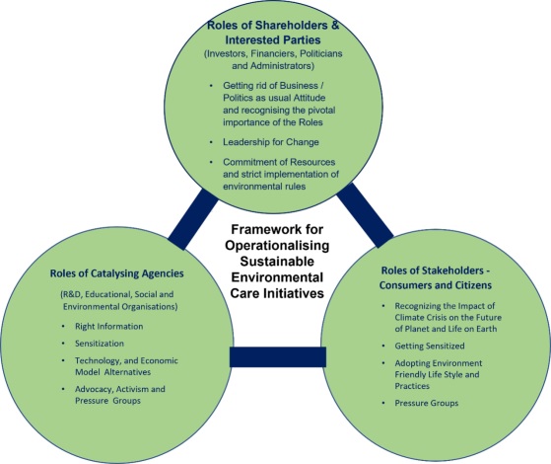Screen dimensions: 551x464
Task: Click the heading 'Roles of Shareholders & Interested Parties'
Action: tap(273, 33)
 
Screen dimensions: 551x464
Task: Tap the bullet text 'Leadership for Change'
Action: tap(271, 142)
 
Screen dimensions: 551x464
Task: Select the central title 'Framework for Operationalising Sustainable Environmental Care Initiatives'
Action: tap(277, 262)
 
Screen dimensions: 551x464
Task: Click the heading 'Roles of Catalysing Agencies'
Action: tap(116, 273)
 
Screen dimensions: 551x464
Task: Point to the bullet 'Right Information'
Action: tap(109, 327)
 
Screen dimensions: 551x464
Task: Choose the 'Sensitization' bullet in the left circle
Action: tap(100, 344)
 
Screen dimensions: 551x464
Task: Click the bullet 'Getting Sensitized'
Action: tap(430, 347)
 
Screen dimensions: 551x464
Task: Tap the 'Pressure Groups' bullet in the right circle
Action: tap(427, 403)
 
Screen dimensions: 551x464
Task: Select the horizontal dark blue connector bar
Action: tap(278, 357)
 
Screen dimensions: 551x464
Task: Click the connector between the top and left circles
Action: tap(192, 219)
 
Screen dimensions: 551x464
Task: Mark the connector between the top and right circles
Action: tap(365, 215)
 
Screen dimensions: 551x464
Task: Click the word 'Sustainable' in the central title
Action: tap(277, 262)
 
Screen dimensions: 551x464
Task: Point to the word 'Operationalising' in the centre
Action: tap(277, 246)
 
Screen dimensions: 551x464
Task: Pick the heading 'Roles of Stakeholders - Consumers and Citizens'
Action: tap(436, 277)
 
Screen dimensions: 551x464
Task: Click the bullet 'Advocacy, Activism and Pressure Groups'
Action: tap(120, 395)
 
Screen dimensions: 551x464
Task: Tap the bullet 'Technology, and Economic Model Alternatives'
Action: tap(126, 366)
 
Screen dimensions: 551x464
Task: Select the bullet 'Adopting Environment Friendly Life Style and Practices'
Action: tap(439, 374)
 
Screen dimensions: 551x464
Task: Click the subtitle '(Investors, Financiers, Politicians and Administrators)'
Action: tap(273, 59)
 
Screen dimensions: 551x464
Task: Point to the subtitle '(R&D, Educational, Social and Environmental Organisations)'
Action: tap(118, 300)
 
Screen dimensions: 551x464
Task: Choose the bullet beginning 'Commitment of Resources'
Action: tap(281, 174)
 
